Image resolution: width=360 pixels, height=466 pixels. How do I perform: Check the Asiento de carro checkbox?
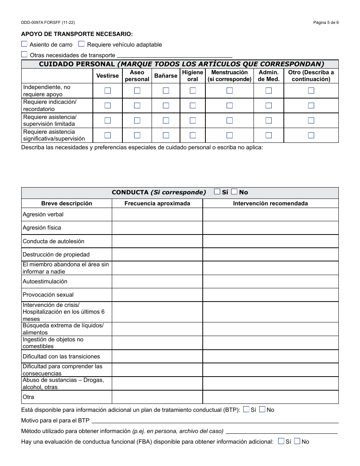[x=24, y=44]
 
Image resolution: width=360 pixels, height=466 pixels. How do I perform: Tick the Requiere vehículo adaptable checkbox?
[x=81, y=44]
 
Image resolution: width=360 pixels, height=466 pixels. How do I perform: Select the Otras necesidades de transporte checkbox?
[x=24, y=54]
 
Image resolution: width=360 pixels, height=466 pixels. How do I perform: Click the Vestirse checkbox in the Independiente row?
[x=108, y=91]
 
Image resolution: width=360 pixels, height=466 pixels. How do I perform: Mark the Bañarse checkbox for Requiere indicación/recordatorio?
[x=166, y=105]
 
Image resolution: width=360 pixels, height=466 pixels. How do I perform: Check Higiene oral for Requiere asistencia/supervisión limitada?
[x=193, y=120]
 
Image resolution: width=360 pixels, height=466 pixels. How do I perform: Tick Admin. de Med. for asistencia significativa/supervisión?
[x=269, y=135]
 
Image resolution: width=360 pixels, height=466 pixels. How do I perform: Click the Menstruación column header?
[x=229, y=76]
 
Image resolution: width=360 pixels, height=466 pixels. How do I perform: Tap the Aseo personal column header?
[x=137, y=76]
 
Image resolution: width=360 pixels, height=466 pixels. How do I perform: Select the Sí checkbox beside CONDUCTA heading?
[x=217, y=192]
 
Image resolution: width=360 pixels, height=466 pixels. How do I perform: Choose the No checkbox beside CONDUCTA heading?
[x=234, y=192]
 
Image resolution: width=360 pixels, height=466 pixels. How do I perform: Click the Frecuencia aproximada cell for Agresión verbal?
[x=157, y=214]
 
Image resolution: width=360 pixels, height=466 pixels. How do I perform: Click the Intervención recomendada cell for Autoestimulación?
[x=271, y=281]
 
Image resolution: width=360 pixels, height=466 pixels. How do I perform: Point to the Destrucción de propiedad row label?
[x=56, y=255]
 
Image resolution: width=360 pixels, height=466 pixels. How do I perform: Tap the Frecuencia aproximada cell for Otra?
[x=157, y=397]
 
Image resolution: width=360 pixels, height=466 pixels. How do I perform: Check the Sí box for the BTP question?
[x=246, y=409]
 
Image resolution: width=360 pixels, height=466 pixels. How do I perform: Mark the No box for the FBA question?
[x=297, y=441]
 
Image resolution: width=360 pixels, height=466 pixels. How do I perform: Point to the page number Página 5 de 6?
[x=326, y=22]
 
